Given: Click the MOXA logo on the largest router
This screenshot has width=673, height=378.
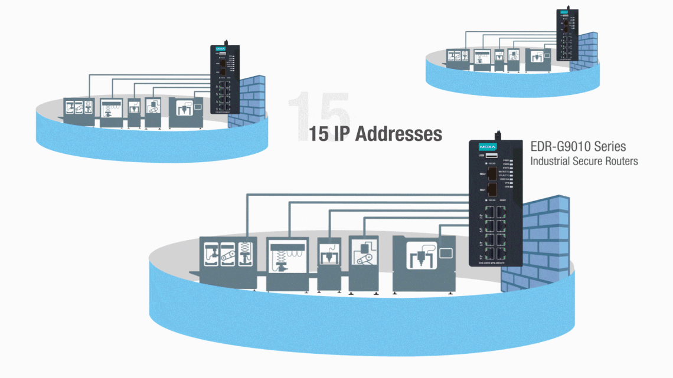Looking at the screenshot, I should [x=488, y=146].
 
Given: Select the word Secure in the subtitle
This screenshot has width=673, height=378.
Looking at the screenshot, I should [x=592, y=161].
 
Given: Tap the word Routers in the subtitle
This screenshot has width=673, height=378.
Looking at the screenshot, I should [x=623, y=161].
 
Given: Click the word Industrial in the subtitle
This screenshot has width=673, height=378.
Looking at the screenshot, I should [x=550, y=161].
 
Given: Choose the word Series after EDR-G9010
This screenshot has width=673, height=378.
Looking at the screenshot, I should [x=610, y=146].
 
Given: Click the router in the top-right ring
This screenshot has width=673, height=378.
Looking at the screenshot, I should [x=568, y=34].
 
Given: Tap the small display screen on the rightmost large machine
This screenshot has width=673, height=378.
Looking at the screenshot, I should [x=446, y=253].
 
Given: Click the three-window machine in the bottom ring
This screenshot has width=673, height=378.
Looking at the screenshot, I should [x=227, y=259].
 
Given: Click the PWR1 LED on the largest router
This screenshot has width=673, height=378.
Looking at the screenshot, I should [x=512, y=160].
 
